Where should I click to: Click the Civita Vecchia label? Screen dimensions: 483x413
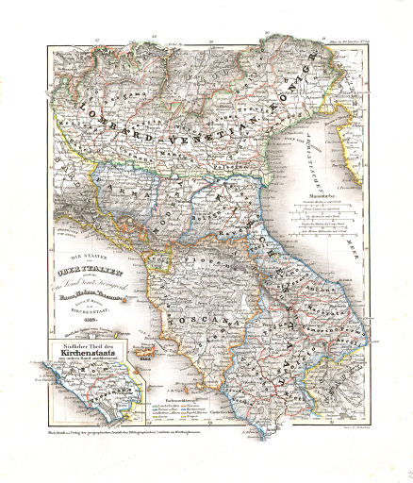pyautogui.click(x=208, y=413)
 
